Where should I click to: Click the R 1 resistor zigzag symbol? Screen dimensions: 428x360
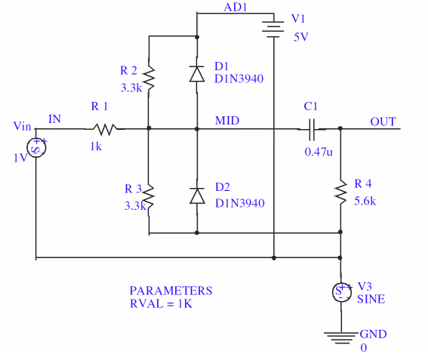pos(105,129)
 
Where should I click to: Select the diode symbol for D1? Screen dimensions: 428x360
pos(197,74)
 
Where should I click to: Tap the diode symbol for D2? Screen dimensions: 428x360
pos(197,195)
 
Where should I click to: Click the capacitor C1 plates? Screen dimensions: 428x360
pos(312,129)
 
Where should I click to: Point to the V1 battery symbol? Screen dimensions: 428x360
pos(273,29)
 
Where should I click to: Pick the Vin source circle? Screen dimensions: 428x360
pos(36,147)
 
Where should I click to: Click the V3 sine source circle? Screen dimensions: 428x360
pos(341,292)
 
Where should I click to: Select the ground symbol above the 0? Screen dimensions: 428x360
pos(341,338)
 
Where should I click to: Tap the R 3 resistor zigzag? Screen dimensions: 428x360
pos(149,196)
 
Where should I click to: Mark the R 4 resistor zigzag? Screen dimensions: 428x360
pos(340,192)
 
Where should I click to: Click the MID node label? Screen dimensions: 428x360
pos(227,121)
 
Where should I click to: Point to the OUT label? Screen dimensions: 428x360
pos(383,122)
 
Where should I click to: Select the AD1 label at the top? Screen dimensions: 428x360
pos(236,8)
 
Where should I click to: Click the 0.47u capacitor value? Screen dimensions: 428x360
pos(319,152)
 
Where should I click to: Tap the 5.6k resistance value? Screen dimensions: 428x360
pos(365,202)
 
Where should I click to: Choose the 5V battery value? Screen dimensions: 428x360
pos(300,37)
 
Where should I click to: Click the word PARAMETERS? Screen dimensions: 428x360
pos(171,291)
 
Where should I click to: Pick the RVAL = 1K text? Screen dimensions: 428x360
pos(161,304)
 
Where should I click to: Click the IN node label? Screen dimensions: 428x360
pos(54,119)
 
